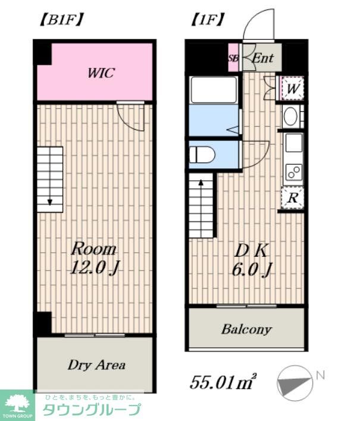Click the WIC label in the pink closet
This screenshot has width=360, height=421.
pyautogui.click(x=101, y=73)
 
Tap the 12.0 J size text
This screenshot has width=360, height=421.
pyautogui.click(x=94, y=268)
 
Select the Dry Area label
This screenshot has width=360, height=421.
pyautogui.click(x=96, y=365)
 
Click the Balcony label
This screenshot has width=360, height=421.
pyautogui.click(x=246, y=329)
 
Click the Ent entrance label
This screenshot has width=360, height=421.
pyautogui.click(x=263, y=58)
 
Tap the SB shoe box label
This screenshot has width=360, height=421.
pyautogui.click(x=233, y=58)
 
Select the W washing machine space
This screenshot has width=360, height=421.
pyautogui.click(x=292, y=88)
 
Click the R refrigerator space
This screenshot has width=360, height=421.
pyautogui.click(x=293, y=198)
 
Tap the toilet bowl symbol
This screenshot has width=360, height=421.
pyautogui.click(x=202, y=155)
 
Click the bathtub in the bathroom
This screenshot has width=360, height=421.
pyautogui.click(x=213, y=90)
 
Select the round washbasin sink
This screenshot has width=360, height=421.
pyautogui.click(x=290, y=117)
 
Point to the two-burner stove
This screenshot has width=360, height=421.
pyautogui.click(x=294, y=172)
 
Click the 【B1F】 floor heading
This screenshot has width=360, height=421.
pyautogui.click(x=61, y=20)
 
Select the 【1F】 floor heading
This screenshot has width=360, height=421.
pyautogui.click(x=207, y=20)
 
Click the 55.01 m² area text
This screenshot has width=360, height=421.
pyautogui.click(x=223, y=382)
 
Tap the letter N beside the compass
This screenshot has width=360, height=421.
pyautogui.click(x=321, y=375)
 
